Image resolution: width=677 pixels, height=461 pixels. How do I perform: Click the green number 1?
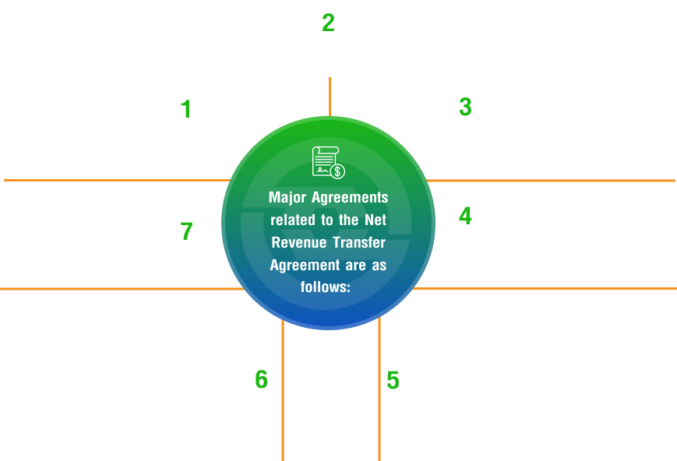[x=185, y=109]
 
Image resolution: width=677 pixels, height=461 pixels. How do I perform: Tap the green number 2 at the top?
[x=329, y=22]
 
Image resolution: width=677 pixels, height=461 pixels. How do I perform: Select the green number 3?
[x=465, y=107]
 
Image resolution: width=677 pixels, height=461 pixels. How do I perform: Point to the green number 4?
[x=465, y=216]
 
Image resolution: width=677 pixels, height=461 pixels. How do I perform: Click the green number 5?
[x=393, y=381]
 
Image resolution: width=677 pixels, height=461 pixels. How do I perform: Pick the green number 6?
[x=261, y=380]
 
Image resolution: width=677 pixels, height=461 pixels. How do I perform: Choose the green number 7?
[x=185, y=231]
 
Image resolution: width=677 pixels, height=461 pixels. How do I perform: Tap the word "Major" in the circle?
[x=290, y=198]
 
